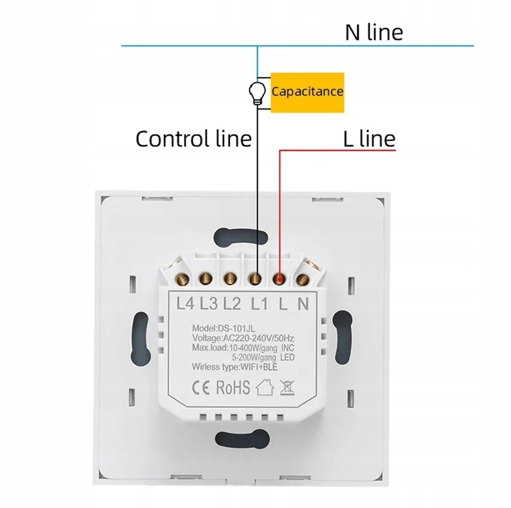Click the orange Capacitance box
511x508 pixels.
pos(307,92)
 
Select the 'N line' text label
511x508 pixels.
pos(373,32)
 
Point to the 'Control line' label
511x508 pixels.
pos(194,138)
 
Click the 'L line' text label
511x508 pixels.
pos(368,138)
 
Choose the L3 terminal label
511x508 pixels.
pos(209,304)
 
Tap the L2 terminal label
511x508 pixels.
pos(232,304)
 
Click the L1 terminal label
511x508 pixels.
pos(260,304)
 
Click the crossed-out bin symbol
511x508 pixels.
pos(287,388)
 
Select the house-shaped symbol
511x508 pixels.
pos(265,388)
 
